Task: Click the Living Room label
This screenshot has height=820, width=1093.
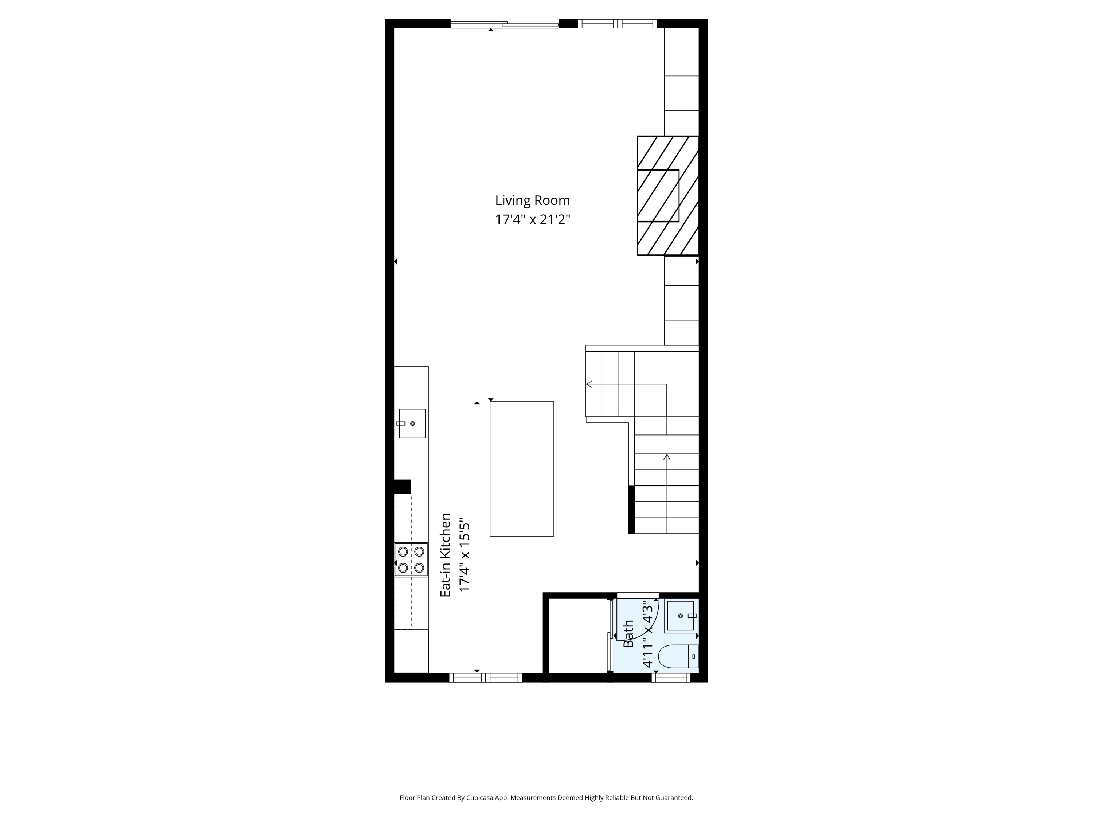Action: coord(532,201)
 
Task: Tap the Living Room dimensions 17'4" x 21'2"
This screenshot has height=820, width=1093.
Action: coord(533,219)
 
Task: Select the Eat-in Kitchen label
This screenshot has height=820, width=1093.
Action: coord(446,555)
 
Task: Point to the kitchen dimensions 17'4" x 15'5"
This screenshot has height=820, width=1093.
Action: coord(464,555)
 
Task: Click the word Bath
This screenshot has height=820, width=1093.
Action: coord(628,634)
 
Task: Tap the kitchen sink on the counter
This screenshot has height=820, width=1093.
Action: coord(412,423)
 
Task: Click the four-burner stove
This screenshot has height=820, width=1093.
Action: coord(411,559)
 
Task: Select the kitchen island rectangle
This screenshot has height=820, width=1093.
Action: coord(522,469)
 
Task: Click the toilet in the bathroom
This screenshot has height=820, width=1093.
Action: coord(678,656)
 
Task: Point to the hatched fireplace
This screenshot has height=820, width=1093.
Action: coord(667,196)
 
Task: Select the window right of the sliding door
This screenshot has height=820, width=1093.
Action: coord(617,23)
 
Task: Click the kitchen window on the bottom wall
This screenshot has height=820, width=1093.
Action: coord(486,678)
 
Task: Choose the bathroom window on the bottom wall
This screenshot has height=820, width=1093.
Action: coord(670,678)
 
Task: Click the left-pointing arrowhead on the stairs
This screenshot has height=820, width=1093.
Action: coord(589,384)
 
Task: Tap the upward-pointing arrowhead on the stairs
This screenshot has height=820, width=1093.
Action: coord(667,457)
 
